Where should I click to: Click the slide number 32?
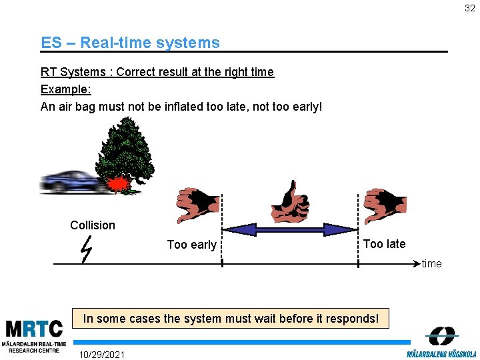pos(470,9)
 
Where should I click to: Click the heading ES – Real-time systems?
pos(130,43)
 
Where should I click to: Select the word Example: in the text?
pos(66,89)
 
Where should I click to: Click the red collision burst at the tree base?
pos(119,183)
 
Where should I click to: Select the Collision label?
pos(93,225)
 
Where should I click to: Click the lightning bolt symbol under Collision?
pos(85,250)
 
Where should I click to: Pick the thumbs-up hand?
pos(290,203)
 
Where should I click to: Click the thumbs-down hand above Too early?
pos(197,205)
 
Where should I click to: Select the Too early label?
pos(191,245)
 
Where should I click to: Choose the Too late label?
pos(384,244)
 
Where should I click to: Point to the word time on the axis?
pos(431,264)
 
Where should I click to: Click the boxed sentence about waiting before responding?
pos(231,319)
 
